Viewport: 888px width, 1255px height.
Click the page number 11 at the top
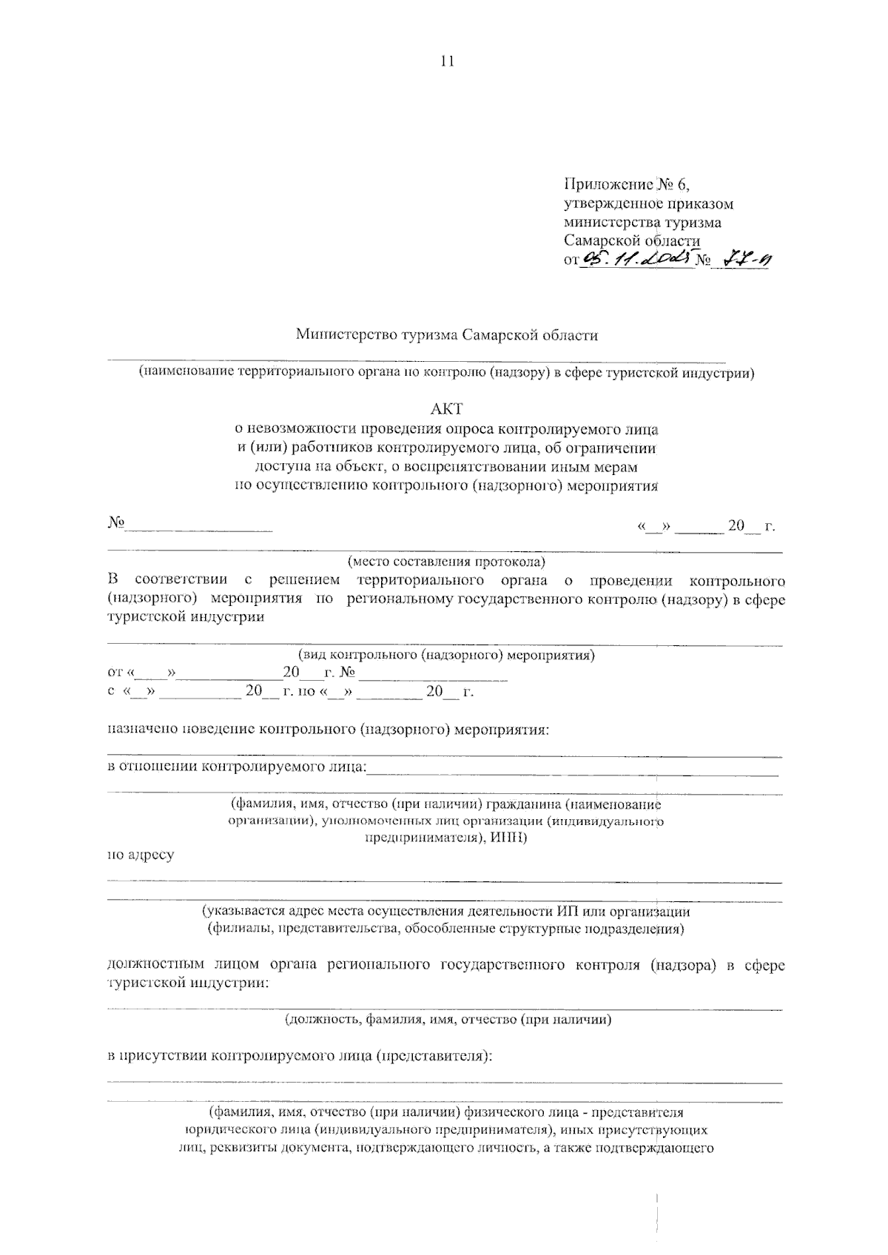coord(445,62)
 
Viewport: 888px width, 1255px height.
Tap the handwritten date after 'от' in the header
coord(638,258)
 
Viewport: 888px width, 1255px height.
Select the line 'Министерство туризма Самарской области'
coord(446,335)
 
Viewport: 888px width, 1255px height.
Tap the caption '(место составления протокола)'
coord(446,562)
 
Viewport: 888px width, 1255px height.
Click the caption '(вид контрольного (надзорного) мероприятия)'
coord(446,655)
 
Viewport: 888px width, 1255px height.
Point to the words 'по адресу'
coord(141,855)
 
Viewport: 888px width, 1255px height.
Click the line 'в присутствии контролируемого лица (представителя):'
coord(300,1056)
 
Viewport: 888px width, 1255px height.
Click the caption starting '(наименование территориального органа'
coord(446,373)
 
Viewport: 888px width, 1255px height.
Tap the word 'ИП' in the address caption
coord(559,911)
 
